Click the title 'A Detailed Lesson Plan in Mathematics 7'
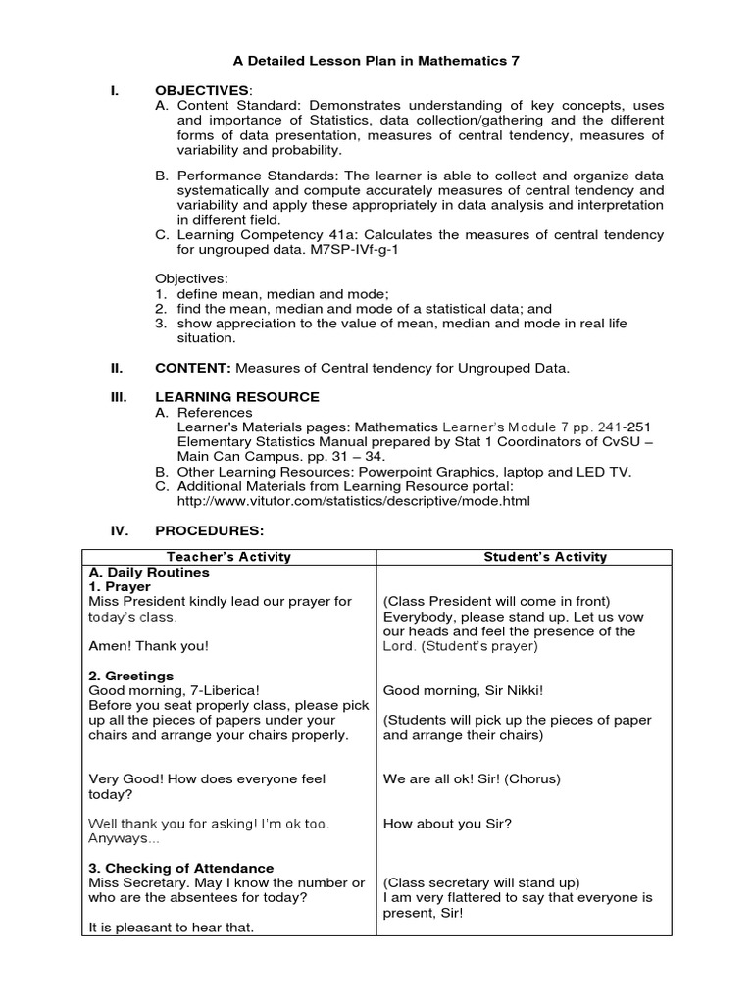pyautogui.click(x=376, y=61)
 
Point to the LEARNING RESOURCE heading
pyautogui.click(x=237, y=397)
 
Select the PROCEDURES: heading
pyautogui.click(x=210, y=530)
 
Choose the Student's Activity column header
pyautogui.click(x=545, y=557)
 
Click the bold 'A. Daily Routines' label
pyautogui.click(x=148, y=572)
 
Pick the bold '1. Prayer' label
pyautogui.click(x=120, y=586)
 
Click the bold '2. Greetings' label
pyautogui.click(x=131, y=676)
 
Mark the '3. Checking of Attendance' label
pyautogui.click(x=181, y=868)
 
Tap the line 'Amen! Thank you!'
pyautogui.click(x=148, y=646)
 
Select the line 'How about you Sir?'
pyautogui.click(x=447, y=824)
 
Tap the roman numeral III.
pyautogui.click(x=117, y=397)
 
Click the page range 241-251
pyautogui.click(x=618, y=427)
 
